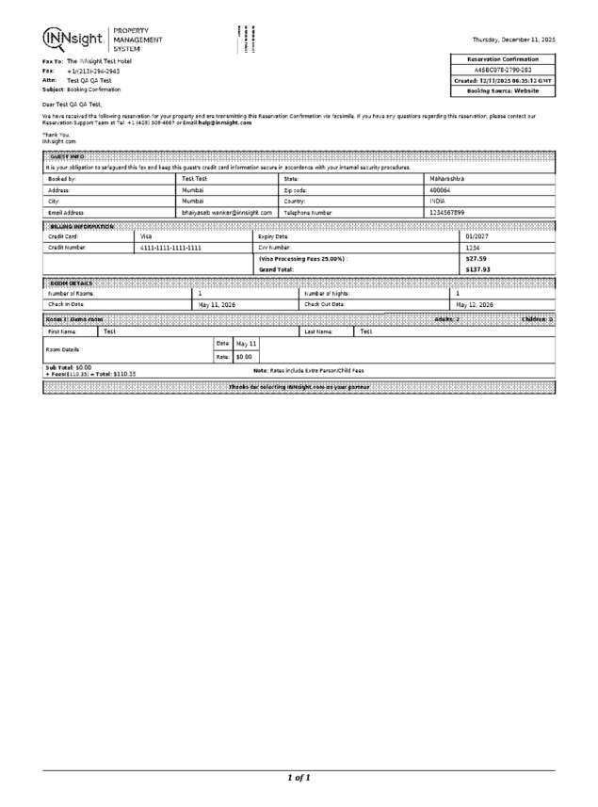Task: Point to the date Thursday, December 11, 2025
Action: [513, 39]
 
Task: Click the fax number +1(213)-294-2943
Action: [93, 71]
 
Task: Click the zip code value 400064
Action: [440, 189]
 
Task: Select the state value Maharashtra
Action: [447, 178]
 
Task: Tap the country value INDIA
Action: [437, 202]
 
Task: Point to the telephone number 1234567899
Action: [447, 213]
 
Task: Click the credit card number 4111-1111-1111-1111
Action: [170, 248]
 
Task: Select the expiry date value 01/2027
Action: [477, 236]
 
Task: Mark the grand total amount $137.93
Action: [478, 269]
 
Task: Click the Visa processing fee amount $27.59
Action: [476, 258]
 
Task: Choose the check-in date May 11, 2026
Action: [217, 305]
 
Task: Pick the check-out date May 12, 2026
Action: [477, 305]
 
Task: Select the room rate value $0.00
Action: [243, 357]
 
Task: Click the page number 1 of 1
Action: [299, 778]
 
